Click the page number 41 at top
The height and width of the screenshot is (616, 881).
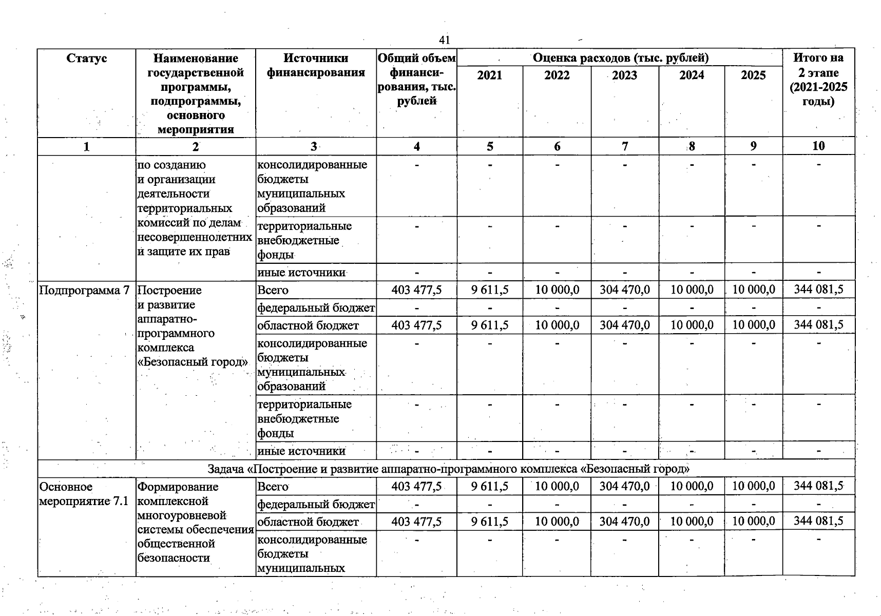[444, 40]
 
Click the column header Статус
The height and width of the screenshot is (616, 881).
[86, 59]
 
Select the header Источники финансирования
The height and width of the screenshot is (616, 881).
[315, 66]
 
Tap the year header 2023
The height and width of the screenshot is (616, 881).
[624, 75]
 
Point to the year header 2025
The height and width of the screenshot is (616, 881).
[753, 75]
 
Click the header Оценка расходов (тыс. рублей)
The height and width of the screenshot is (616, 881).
[620, 57]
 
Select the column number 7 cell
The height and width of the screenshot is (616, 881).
[624, 146]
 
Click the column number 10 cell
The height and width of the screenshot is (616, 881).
[818, 146]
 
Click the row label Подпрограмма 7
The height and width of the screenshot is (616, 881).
[84, 291]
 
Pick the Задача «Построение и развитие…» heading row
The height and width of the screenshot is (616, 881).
[448, 469]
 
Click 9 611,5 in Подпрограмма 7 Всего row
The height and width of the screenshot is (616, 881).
[489, 290]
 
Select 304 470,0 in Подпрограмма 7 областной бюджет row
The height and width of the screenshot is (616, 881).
[624, 325]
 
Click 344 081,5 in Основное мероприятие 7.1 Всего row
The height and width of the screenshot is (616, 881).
[818, 486]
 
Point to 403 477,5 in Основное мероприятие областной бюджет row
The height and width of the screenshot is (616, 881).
[416, 522]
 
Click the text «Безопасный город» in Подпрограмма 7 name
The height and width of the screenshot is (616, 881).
[193, 362]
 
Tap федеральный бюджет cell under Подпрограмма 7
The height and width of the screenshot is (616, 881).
[316, 308]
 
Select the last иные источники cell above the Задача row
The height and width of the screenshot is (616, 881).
[301, 451]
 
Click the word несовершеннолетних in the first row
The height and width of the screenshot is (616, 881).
[195, 237]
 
